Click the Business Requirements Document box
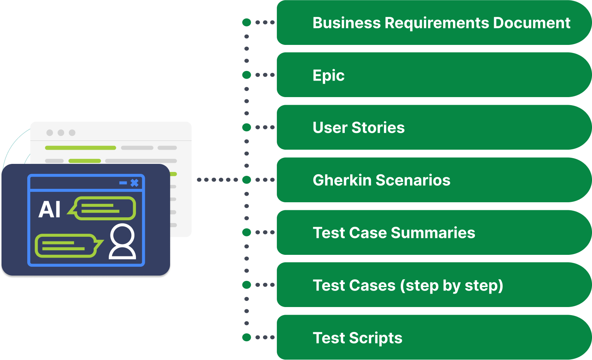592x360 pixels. click(x=434, y=23)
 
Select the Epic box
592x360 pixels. click(x=434, y=75)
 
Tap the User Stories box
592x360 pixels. click(x=434, y=127)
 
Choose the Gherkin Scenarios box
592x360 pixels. click(x=434, y=180)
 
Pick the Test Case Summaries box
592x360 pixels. click(x=434, y=233)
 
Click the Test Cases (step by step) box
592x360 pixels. click(x=434, y=285)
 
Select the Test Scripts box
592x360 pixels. click(x=434, y=338)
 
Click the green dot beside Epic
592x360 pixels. click(x=246, y=75)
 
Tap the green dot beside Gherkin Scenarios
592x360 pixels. click(x=246, y=180)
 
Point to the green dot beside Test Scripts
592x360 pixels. click(x=246, y=337)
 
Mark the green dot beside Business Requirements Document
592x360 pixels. click(x=246, y=23)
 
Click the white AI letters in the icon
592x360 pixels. click(x=50, y=210)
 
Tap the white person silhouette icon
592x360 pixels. click(x=122, y=242)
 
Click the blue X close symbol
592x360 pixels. click(x=134, y=183)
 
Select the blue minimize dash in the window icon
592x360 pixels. click(x=123, y=183)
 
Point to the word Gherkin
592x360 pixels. click(x=342, y=180)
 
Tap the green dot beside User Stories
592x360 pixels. click(x=246, y=127)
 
